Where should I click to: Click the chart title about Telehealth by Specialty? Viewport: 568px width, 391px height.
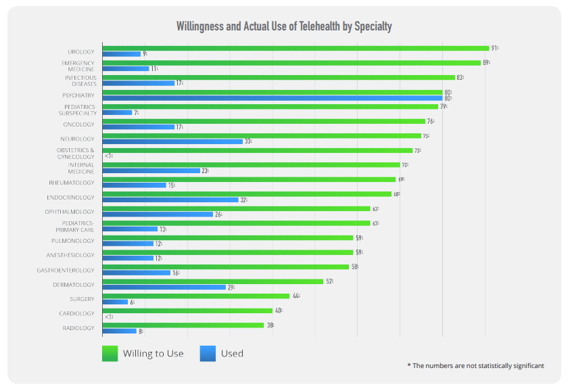click(284, 26)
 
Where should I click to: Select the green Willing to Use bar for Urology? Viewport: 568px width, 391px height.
click(295, 48)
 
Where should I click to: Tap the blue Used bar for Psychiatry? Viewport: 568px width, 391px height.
click(272, 98)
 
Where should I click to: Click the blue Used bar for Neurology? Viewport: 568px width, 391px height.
click(172, 141)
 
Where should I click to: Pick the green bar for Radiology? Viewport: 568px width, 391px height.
click(183, 325)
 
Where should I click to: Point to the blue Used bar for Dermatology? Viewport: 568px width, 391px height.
click(164, 287)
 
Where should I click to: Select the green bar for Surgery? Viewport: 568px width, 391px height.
click(195, 296)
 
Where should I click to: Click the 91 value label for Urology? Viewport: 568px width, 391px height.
click(495, 48)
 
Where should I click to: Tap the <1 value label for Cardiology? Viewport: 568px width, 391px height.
click(108, 317)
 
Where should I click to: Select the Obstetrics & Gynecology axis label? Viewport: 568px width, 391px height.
click(76, 153)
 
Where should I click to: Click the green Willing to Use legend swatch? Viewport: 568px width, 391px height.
click(110, 353)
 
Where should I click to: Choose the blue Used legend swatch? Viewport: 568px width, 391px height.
click(208, 353)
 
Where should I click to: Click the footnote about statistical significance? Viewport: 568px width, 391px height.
click(475, 365)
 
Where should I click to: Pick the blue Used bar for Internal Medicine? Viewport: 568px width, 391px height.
click(151, 170)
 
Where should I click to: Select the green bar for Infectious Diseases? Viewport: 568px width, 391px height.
click(279, 77)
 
